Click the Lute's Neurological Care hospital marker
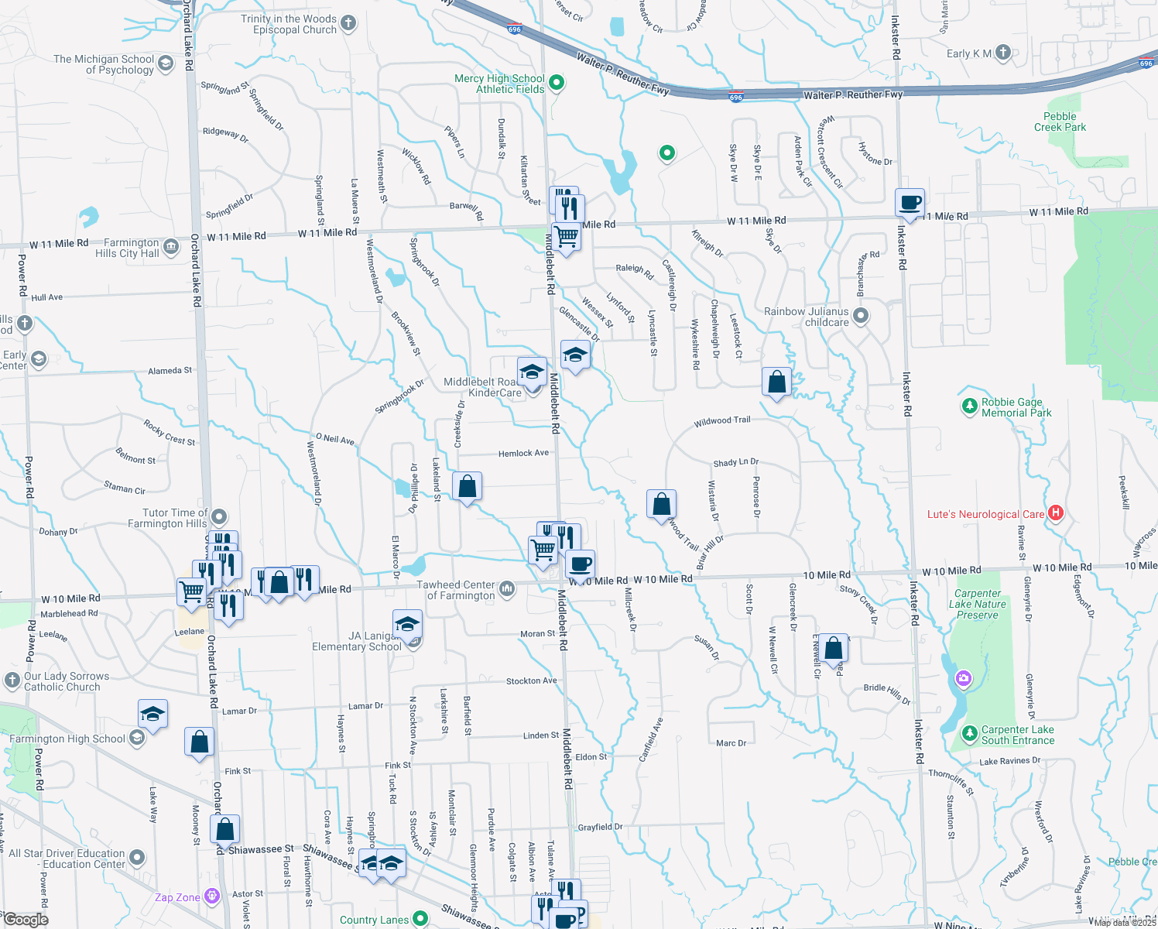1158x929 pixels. click(x=1056, y=512)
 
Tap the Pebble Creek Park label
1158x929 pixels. click(x=1060, y=122)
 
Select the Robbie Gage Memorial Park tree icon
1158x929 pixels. click(x=969, y=406)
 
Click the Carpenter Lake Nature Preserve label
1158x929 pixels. click(x=978, y=604)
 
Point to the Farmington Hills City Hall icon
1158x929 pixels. click(x=172, y=248)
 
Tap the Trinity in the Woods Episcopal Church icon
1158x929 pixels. click(x=348, y=23)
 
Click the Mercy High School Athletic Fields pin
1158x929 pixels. click(x=557, y=82)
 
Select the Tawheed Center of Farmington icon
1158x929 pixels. click(x=507, y=589)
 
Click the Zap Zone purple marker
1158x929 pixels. click(x=212, y=896)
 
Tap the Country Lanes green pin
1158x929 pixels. click(x=420, y=918)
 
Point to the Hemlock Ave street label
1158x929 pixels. click(x=523, y=453)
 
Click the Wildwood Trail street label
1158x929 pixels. click(x=722, y=421)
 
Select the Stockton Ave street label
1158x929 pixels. click(x=531, y=681)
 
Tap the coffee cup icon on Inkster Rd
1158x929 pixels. click(x=910, y=203)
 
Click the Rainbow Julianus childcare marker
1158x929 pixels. click(x=861, y=316)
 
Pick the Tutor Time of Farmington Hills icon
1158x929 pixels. click(x=219, y=517)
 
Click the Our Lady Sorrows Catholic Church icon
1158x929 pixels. click(x=12, y=680)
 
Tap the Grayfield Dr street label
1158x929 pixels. click(x=600, y=827)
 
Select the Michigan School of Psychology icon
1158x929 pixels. click(x=166, y=63)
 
